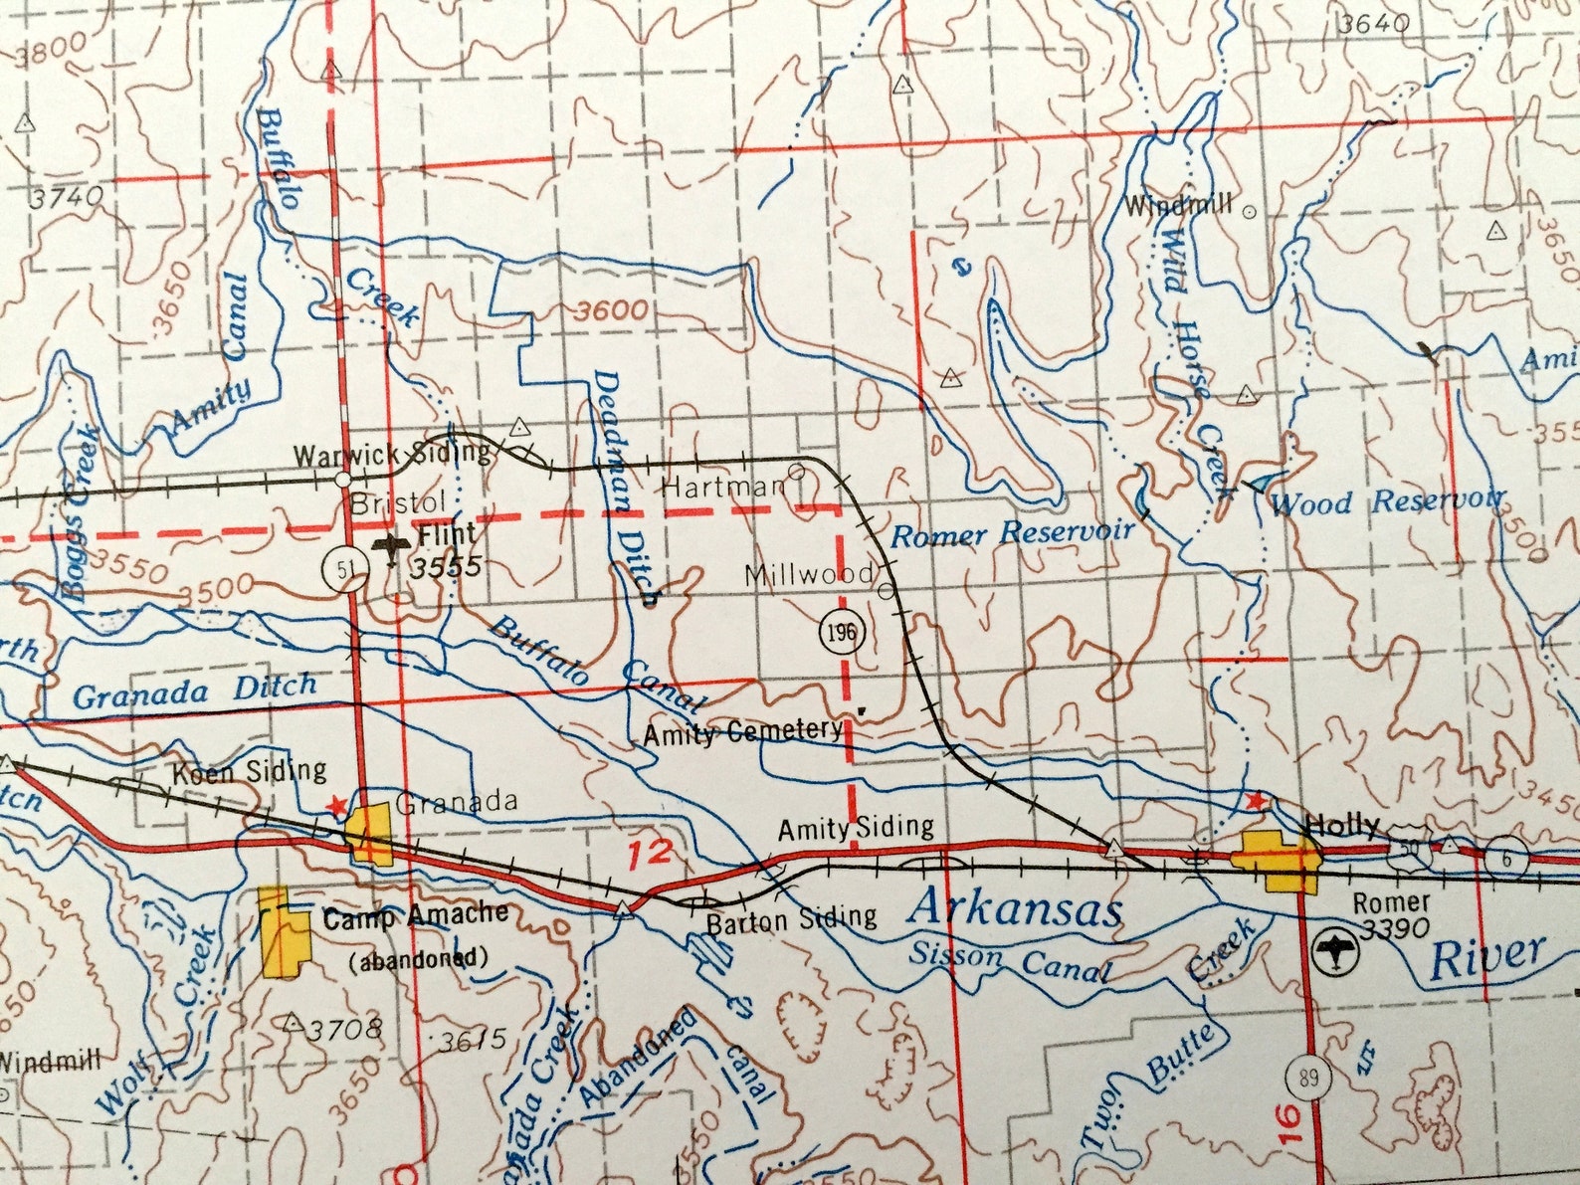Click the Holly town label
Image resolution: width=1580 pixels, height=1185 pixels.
(x=1341, y=825)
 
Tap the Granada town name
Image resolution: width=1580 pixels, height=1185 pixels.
(x=457, y=802)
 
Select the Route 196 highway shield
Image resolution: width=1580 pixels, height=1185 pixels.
(x=842, y=632)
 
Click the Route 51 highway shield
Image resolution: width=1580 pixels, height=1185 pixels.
(x=343, y=570)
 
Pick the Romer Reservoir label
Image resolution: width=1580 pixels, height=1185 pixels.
(x=1011, y=533)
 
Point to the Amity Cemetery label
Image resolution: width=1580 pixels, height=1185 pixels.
(x=742, y=732)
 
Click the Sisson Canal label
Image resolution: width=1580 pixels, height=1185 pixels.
(x=1009, y=961)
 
